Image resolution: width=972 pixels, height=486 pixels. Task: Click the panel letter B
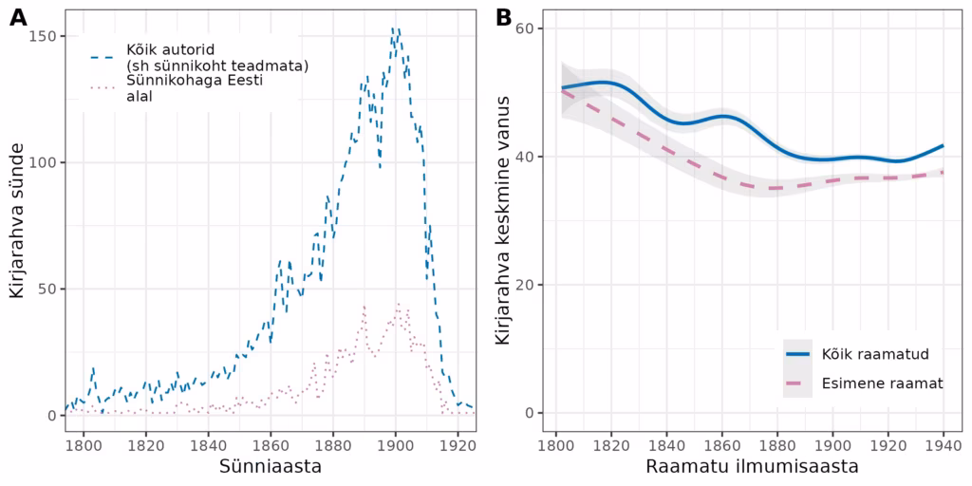pos(504,16)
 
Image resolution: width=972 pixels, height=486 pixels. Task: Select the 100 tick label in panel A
pos(46,162)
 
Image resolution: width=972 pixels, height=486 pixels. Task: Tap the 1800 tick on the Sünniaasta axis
pos(83,443)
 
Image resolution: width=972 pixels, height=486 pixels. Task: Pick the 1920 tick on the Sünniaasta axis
pos(458,443)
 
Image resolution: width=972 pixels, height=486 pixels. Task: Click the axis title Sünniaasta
pos(270,467)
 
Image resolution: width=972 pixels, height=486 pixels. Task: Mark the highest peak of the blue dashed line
pos(395,28)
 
